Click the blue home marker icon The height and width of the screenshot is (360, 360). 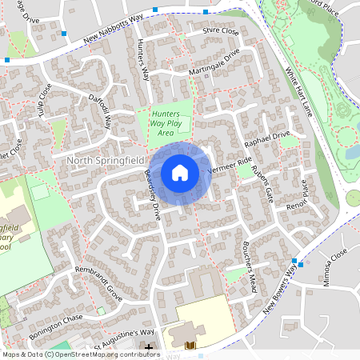(180, 172)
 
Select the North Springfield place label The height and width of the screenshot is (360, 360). (104, 161)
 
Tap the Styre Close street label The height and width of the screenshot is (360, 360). (221, 31)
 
